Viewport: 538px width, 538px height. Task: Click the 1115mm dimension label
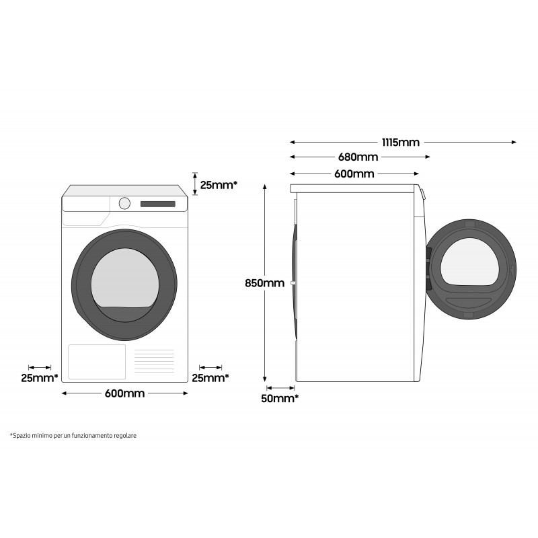tap(400, 143)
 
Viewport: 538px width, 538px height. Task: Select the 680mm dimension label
tap(358, 157)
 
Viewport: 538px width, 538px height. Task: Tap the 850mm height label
tap(264, 283)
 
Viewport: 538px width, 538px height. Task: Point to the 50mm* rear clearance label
tap(280, 399)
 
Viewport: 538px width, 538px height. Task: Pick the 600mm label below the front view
tap(124, 393)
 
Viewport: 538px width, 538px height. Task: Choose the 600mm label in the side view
tap(354, 174)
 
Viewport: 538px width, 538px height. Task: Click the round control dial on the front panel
tap(125, 203)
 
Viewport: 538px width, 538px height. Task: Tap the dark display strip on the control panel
tap(157, 204)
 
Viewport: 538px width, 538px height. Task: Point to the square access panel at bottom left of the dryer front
tap(97, 362)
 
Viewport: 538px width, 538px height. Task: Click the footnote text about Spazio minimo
tap(73, 436)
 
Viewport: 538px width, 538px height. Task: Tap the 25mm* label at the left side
tap(39, 378)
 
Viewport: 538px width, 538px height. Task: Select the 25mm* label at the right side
tap(210, 378)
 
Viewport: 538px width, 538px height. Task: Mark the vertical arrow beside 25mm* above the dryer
tap(194, 182)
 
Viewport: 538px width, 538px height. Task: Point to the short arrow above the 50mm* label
tap(280, 387)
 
